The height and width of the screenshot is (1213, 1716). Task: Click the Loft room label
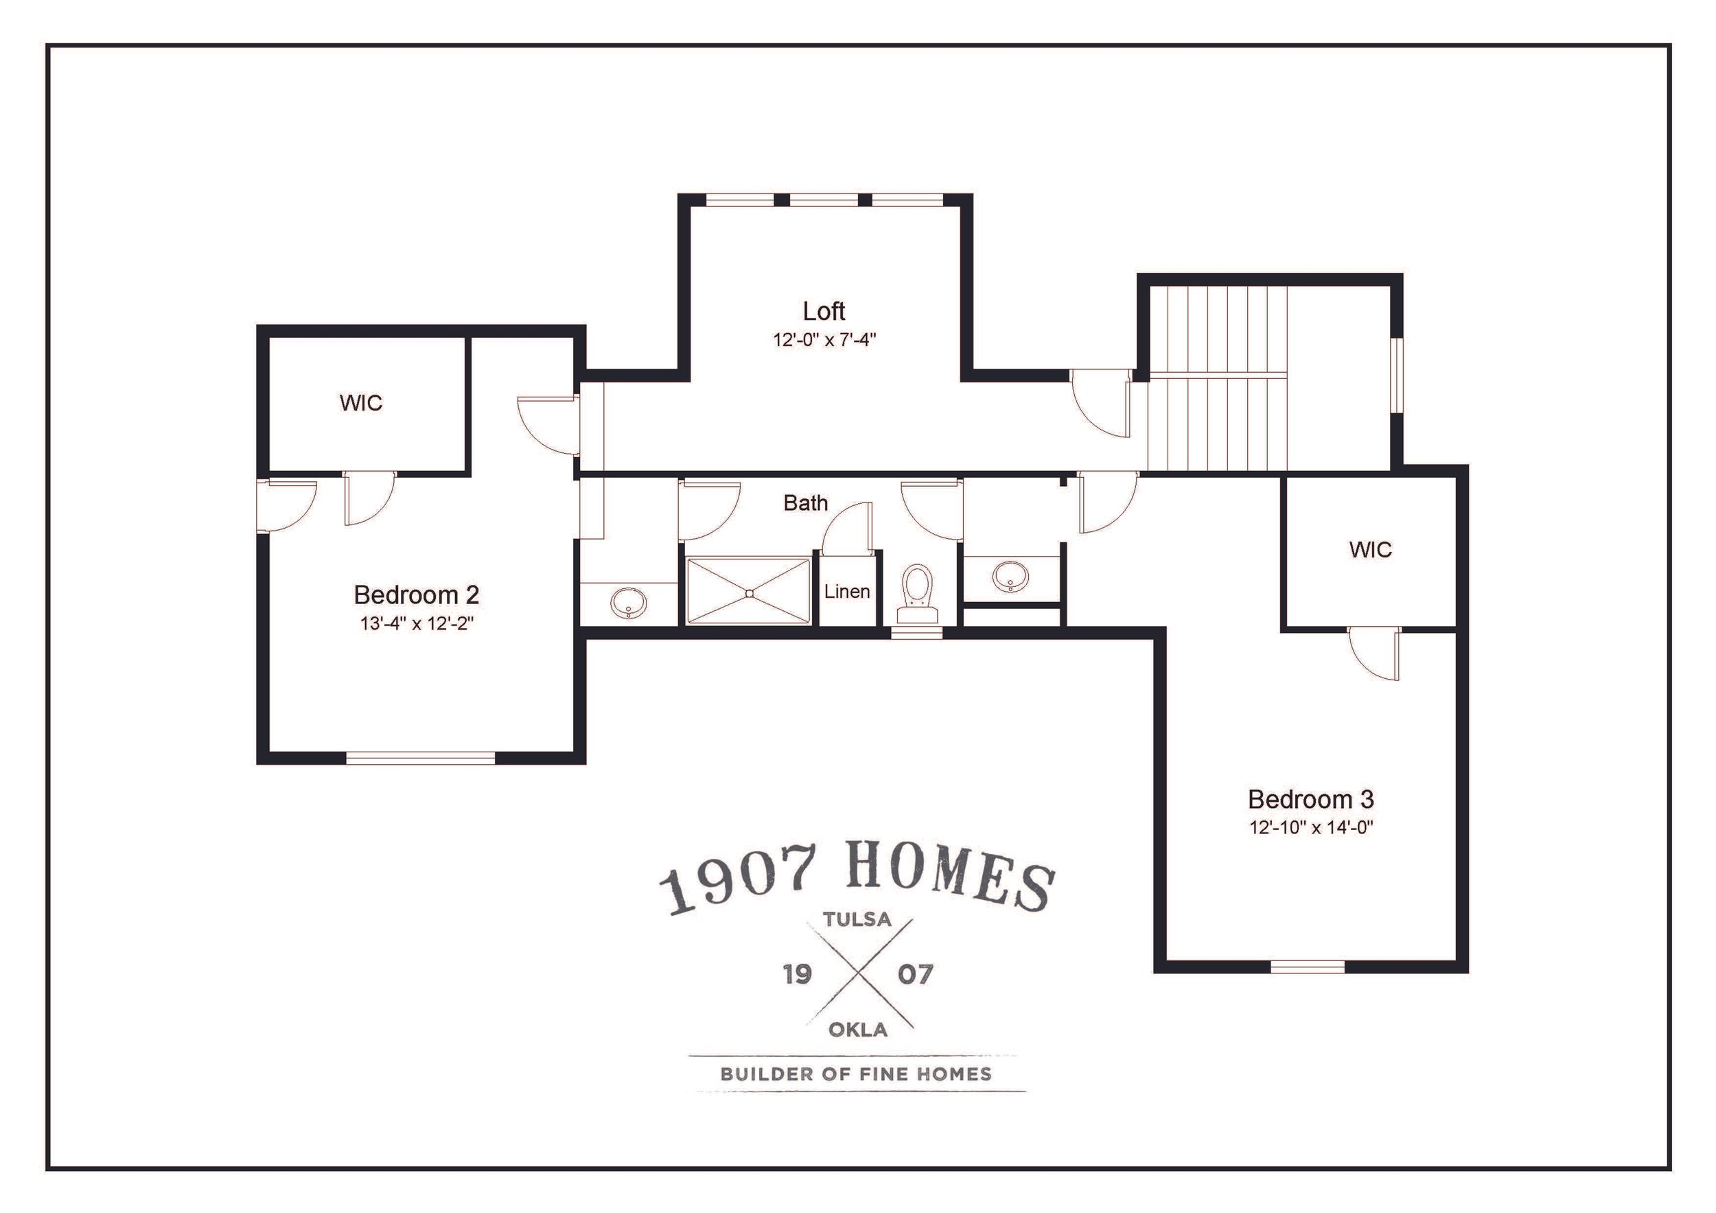tap(824, 311)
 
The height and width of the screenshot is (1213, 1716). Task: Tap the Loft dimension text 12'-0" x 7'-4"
tap(824, 340)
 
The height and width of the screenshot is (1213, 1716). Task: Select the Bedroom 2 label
tap(416, 595)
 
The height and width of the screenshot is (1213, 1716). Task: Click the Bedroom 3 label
tap(1311, 800)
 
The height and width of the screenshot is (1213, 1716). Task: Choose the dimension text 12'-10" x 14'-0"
tap(1312, 828)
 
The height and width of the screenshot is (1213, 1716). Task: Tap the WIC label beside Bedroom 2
tap(361, 404)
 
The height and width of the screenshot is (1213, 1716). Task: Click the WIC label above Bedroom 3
tap(1371, 550)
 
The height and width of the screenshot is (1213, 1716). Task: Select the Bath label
tap(806, 503)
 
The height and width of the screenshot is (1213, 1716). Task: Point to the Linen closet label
tap(847, 592)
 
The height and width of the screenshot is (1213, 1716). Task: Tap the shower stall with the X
tap(748, 590)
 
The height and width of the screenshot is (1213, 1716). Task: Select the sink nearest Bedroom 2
tap(629, 603)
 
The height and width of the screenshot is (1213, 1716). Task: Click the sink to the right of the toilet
tap(1011, 576)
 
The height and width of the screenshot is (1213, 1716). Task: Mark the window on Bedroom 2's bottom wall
tap(421, 758)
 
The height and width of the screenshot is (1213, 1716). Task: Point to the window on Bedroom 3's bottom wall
tap(1308, 967)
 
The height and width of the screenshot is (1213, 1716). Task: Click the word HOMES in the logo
tap(953, 879)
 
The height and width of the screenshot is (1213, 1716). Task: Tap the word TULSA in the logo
tap(857, 919)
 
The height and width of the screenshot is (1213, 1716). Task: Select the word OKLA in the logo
tap(858, 1030)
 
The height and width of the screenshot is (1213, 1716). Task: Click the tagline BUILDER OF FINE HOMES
tap(857, 1074)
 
